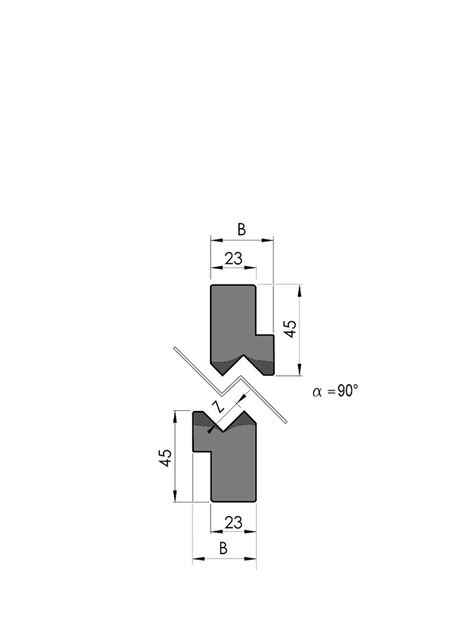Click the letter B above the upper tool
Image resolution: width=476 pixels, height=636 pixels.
[242, 230]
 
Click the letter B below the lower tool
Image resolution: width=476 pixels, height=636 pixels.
[223, 549]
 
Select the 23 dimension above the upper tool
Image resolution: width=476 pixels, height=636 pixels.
[233, 258]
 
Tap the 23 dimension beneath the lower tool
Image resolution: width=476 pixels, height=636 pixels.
[234, 522]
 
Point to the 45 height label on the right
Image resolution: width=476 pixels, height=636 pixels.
[290, 328]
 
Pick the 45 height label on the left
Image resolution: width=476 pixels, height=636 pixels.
[165, 458]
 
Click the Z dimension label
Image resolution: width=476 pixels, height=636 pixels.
[219, 406]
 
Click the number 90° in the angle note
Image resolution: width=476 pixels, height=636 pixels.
[348, 390]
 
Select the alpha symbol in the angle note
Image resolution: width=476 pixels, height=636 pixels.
[318, 392]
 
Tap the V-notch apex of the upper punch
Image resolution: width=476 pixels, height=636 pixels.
[243, 355]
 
